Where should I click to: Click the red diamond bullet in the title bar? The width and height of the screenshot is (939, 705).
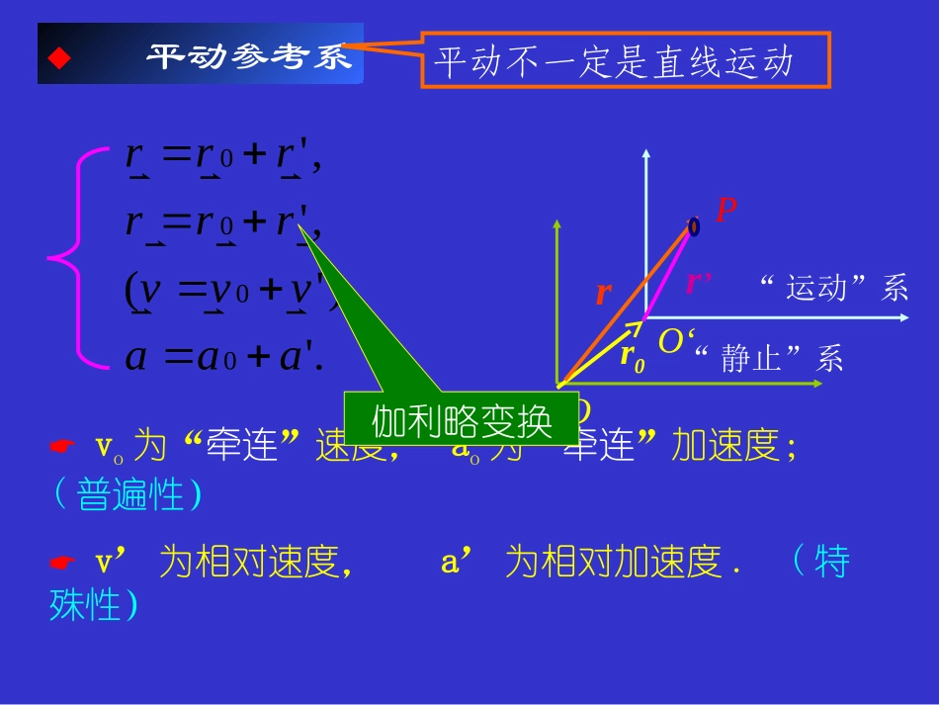pyautogui.click(x=60, y=58)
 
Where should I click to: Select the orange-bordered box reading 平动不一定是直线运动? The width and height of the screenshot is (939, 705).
pyautogui.click(x=625, y=60)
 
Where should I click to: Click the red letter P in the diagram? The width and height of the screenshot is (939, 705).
pyautogui.click(x=726, y=210)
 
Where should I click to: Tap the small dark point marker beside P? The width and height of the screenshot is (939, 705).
pyautogui.click(x=694, y=226)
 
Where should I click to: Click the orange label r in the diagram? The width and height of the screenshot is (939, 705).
pyautogui.click(x=603, y=293)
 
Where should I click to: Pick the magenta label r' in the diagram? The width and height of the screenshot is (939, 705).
pyautogui.click(x=699, y=283)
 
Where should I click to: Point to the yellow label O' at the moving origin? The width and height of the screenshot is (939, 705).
pyautogui.click(x=673, y=341)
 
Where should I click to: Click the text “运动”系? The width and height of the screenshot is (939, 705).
pyautogui.click(x=834, y=288)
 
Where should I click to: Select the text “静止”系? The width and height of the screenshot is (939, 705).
pyautogui.click(x=769, y=358)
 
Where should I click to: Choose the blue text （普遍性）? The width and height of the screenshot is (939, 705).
pyautogui.click(x=126, y=494)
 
